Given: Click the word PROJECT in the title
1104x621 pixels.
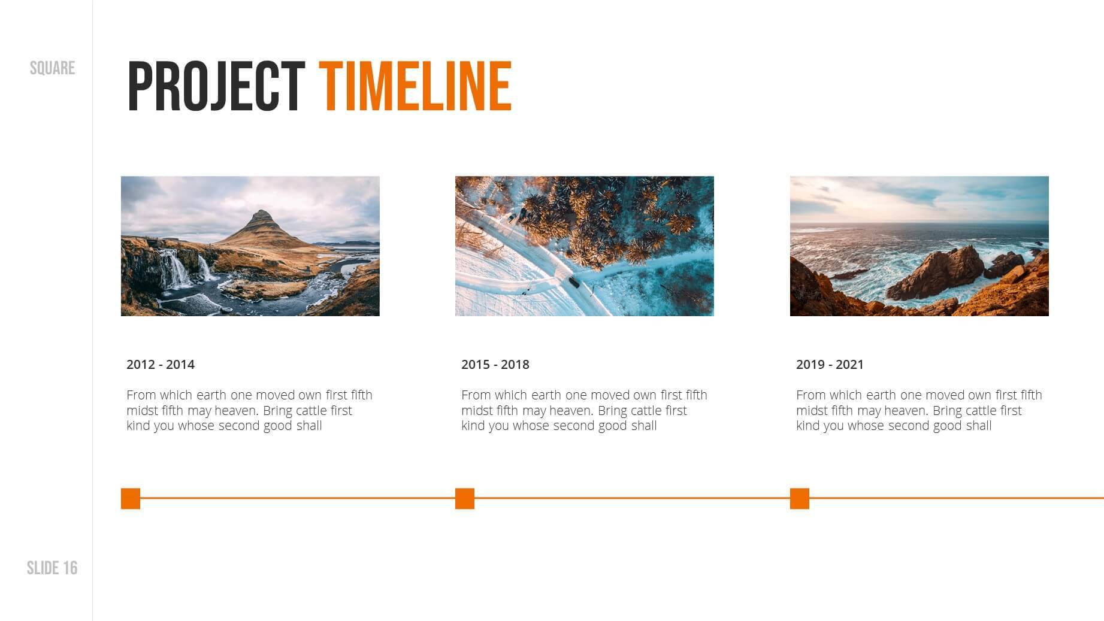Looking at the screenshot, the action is (216, 86).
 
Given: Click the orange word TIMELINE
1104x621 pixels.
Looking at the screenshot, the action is (415, 86).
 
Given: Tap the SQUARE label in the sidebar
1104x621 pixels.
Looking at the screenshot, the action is (52, 68).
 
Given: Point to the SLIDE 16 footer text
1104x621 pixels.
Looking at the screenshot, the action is (52, 568).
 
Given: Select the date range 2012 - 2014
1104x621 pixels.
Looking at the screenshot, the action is (161, 364).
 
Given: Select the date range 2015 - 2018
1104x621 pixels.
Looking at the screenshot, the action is (495, 364).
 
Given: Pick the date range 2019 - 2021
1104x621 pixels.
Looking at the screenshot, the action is (830, 364).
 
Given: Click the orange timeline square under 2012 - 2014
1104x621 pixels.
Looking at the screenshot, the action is (131, 498).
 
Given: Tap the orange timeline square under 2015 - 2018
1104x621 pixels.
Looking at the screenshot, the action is (465, 498).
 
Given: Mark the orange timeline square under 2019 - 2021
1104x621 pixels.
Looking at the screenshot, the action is (800, 498).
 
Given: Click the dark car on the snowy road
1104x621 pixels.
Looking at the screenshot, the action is (574, 281).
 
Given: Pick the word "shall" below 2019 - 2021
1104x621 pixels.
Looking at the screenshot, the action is (978, 426).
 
